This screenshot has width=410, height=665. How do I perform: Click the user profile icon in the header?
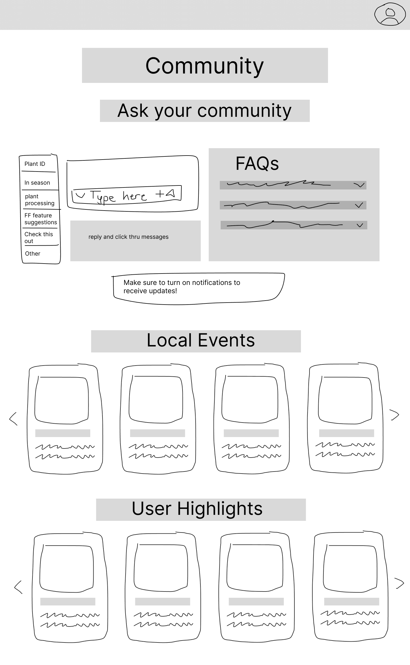(390, 15)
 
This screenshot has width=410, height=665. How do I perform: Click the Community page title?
(204, 66)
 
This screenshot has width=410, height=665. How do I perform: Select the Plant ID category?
(35, 164)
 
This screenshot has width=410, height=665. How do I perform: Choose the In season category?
(37, 183)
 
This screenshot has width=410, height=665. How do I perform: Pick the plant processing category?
(40, 200)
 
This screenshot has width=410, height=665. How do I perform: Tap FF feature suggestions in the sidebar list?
(40, 219)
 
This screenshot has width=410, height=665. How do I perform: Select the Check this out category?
(39, 237)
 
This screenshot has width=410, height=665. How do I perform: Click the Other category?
(33, 254)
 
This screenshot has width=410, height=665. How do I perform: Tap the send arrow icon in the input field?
(170, 194)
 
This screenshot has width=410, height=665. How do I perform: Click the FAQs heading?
(257, 164)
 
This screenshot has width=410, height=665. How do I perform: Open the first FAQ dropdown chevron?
(359, 185)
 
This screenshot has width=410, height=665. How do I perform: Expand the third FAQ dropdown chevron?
(360, 225)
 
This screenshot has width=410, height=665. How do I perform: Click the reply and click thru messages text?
(128, 237)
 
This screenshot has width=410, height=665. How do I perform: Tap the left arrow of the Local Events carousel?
(13, 419)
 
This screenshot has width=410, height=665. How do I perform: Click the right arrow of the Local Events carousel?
(395, 415)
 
